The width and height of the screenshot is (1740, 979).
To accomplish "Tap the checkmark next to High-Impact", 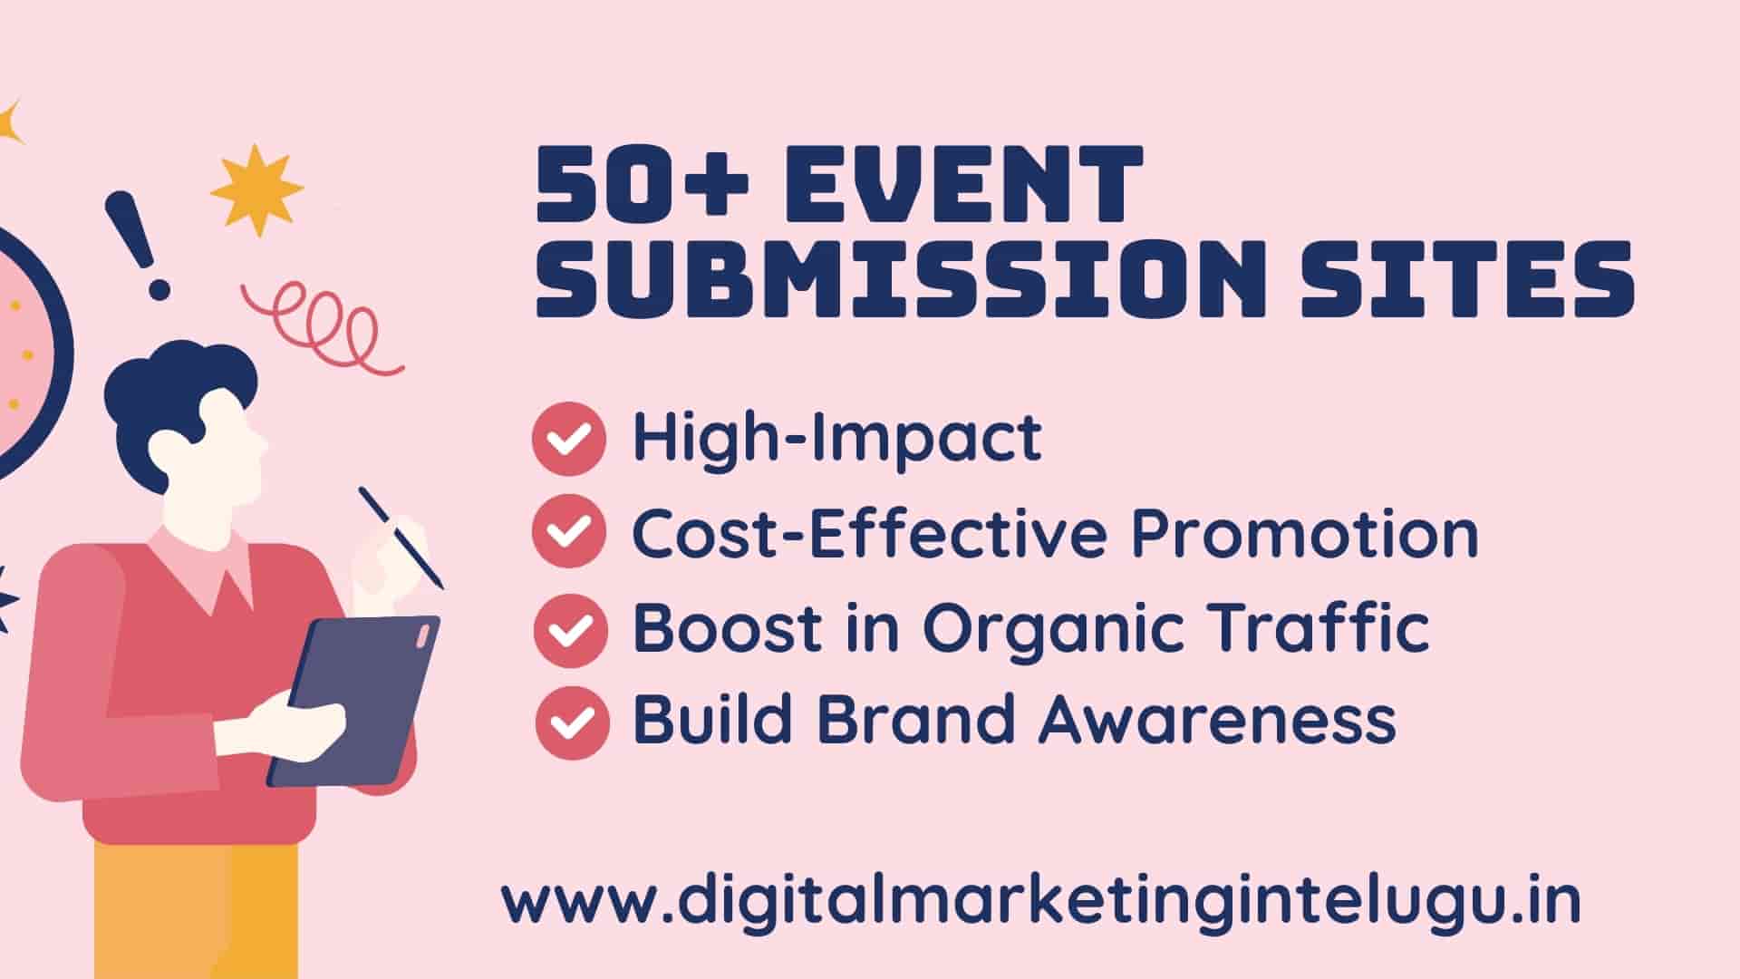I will [x=569, y=439].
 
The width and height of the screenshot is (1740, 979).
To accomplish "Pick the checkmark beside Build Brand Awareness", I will [x=571, y=722].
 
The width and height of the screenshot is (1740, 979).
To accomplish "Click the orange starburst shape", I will [x=256, y=189].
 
